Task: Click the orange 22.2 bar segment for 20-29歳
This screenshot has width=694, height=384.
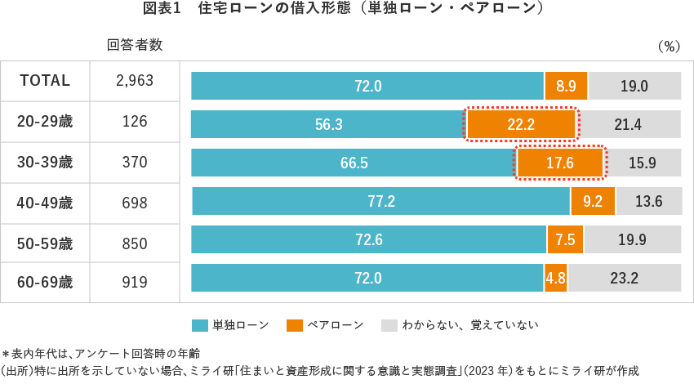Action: [x=521, y=124]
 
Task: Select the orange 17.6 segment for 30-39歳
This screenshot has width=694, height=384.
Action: [x=560, y=163]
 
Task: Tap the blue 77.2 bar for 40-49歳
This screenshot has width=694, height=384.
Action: [x=380, y=201]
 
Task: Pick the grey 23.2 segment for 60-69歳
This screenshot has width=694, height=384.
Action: [x=624, y=278]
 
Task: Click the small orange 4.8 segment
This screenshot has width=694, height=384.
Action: [x=556, y=278]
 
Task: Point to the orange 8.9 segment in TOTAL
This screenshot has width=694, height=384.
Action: [x=566, y=86]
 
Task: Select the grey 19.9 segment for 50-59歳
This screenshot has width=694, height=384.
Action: [x=632, y=239]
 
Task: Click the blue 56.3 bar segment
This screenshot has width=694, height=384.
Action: [x=328, y=124]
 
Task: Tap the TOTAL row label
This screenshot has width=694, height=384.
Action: [x=45, y=81]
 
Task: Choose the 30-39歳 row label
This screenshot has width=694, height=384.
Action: [x=45, y=162]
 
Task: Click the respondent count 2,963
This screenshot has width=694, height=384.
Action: [x=135, y=81]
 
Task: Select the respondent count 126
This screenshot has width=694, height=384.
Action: [x=135, y=122]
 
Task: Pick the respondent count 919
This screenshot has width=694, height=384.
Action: [x=135, y=283]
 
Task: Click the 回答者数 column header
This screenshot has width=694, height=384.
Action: [x=135, y=45]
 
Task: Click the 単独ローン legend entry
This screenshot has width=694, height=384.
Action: [x=231, y=325]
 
